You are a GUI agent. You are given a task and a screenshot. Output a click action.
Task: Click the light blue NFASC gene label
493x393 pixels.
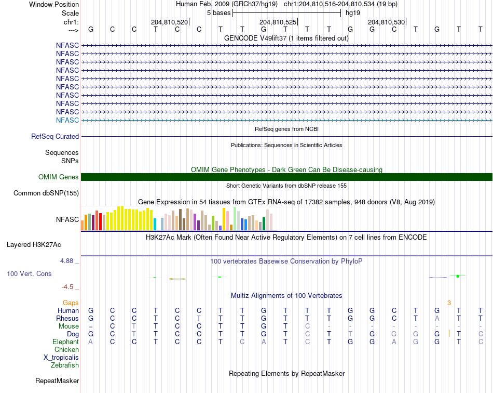(67, 120)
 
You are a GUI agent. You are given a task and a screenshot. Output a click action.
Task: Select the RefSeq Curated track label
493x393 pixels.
(55, 136)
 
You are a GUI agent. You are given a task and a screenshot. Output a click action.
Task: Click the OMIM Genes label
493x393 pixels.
(59, 177)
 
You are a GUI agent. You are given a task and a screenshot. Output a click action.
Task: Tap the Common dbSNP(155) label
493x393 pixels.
(46, 193)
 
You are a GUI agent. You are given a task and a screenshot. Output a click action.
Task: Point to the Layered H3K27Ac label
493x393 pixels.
(34, 245)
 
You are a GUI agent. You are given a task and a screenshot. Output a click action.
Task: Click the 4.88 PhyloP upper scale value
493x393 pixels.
(66, 261)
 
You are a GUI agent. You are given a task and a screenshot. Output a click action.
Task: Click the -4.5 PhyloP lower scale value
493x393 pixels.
(67, 287)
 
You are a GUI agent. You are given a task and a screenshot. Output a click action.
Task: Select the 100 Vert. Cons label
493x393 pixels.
(29, 273)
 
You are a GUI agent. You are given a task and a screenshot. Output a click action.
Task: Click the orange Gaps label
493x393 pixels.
(71, 303)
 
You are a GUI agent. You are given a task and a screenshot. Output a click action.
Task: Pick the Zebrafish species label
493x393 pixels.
(65, 365)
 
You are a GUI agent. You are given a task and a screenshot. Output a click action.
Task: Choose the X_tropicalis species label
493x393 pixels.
(61, 358)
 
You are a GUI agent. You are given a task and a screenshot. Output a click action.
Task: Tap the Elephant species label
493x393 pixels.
(66, 342)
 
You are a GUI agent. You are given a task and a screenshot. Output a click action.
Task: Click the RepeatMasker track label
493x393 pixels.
(57, 381)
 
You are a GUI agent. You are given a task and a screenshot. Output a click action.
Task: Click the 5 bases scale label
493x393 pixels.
(218, 13)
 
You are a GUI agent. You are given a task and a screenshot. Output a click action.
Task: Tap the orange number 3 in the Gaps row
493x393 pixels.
(449, 303)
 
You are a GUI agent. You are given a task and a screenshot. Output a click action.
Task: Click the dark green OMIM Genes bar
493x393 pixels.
(286, 177)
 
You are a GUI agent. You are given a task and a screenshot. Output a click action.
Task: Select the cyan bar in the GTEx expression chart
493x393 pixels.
(155, 224)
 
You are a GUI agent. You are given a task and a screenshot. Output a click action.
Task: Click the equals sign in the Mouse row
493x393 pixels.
(90, 326)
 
